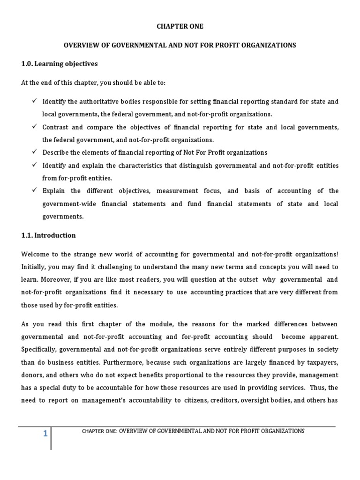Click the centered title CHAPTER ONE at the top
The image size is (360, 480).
[x=180, y=26]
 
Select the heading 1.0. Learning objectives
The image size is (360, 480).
[x=60, y=63]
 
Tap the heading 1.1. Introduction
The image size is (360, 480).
[x=48, y=235]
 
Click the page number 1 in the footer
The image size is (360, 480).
[x=45, y=434]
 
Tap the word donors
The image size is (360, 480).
[x=32, y=375]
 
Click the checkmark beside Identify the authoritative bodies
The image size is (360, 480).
[x=35, y=101]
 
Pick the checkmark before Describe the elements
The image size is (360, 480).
[x=35, y=152]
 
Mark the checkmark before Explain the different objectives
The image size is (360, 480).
[x=35, y=191]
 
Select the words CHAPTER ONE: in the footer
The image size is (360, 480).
[x=99, y=431]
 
